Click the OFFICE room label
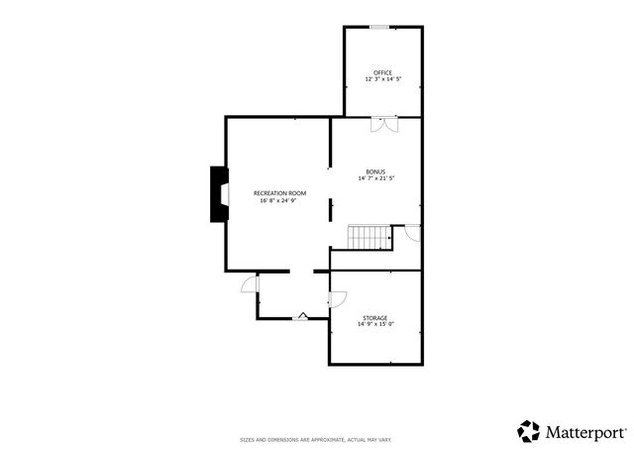click(x=382, y=72)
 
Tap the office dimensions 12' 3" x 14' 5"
click(x=382, y=79)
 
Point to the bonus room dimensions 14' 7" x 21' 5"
click(x=377, y=178)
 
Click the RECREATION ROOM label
click(x=279, y=192)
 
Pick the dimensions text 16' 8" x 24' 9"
click(x=279, y=200)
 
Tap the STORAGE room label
click(x=376, y=317)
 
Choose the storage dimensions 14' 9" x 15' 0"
click(x=376, y=324)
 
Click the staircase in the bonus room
click(x=370, y=238)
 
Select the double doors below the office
click(x=384, y=124)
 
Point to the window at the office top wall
click(x=379, y=27)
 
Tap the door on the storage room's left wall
click(x=336, y=297)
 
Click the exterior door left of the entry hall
click(x=251, y=284)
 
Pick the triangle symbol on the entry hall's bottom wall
click(x=304, y=315)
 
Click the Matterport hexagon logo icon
click(x=528, y=431)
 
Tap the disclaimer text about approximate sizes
click(x=316, y=439)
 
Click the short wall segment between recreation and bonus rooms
click(x=331, y=208)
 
